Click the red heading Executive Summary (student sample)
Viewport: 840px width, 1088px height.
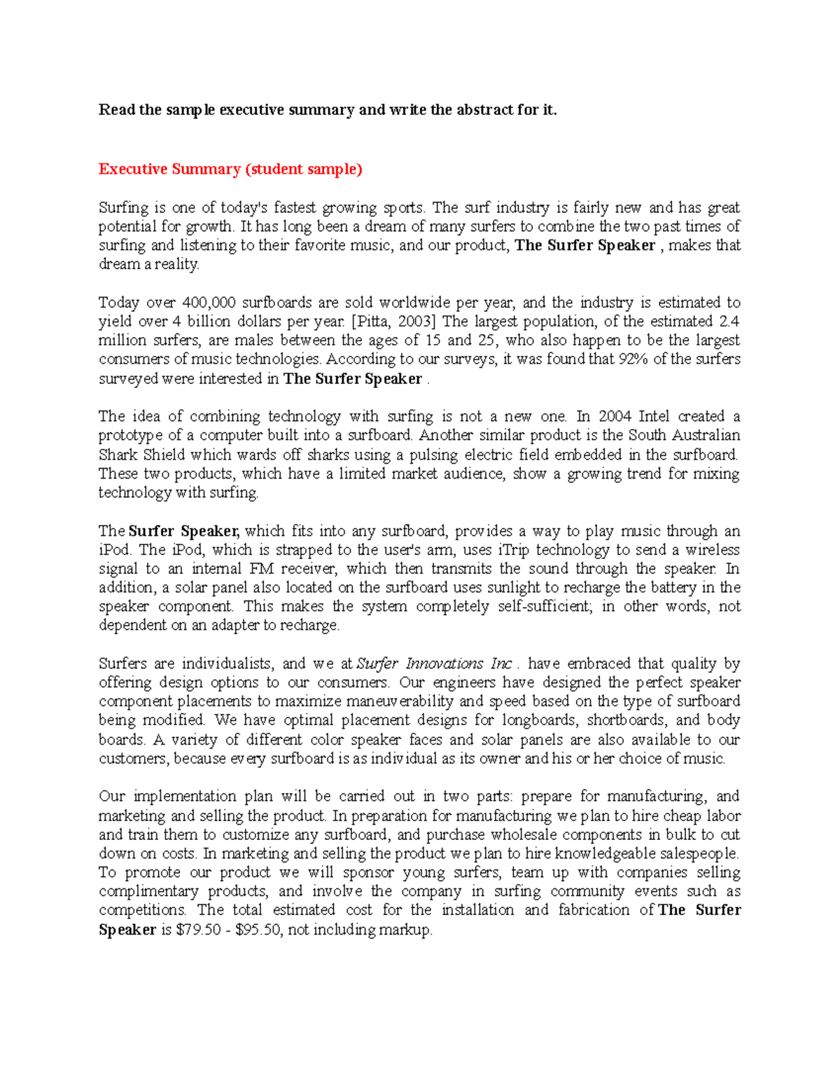click(x=230, y=169)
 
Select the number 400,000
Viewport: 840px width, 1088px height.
click(x=209, y=303)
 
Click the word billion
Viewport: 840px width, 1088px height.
click(x=215, y=322)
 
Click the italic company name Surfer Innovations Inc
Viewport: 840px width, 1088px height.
click(x=435, y=663)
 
